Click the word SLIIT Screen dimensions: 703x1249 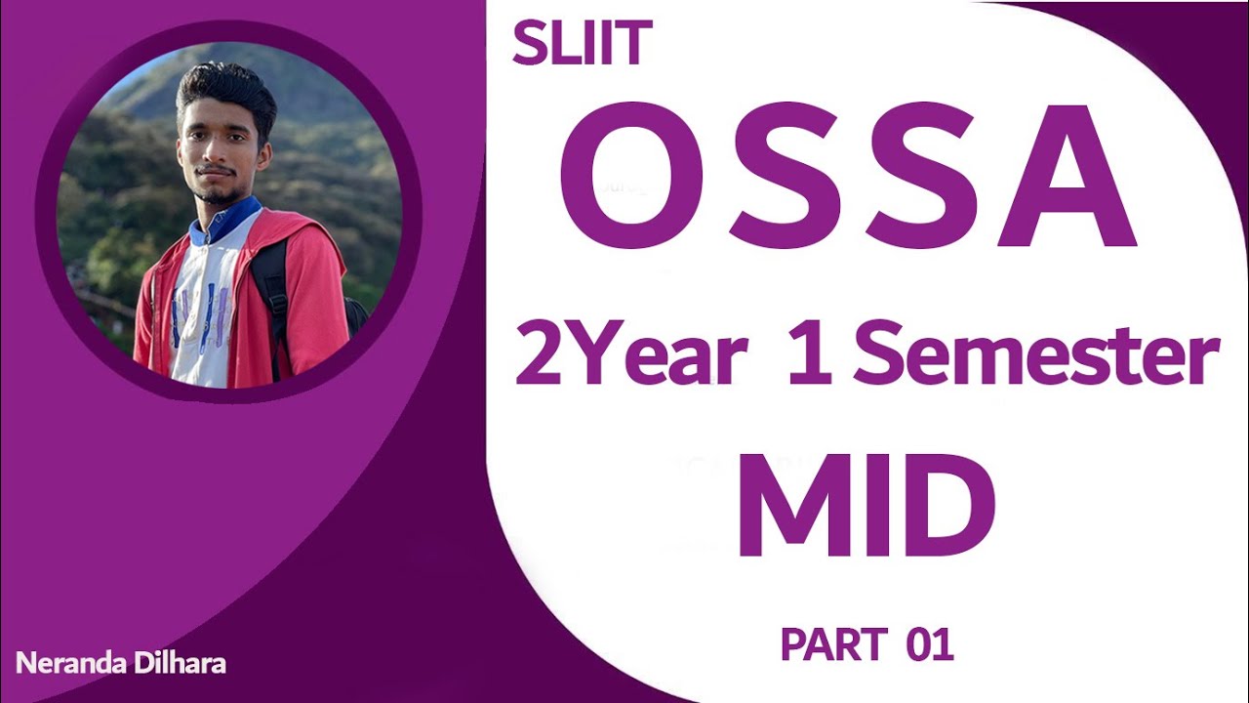[582, 45]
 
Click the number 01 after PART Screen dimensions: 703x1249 [929, 644]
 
